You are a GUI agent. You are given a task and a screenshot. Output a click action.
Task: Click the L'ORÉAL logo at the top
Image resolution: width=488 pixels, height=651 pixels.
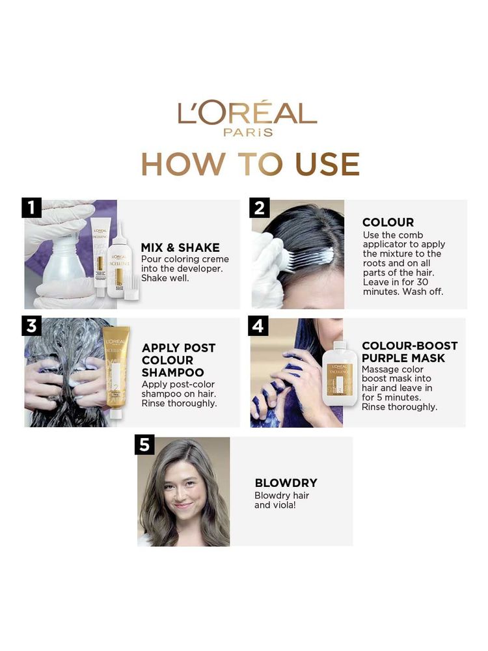[x=247, y=113]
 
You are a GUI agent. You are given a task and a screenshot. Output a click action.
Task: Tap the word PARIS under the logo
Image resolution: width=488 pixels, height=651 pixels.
[x=248, y=132]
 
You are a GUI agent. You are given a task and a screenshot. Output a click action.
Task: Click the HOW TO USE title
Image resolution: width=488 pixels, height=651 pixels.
[x=251, y=164]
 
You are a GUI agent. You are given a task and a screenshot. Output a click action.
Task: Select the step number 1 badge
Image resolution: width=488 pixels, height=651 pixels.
[x=31, y=208]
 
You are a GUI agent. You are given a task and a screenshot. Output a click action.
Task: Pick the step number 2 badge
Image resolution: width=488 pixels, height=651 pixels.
[x=260, y=208]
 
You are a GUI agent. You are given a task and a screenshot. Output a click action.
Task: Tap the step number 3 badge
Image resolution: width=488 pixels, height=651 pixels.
[x=31, y=326]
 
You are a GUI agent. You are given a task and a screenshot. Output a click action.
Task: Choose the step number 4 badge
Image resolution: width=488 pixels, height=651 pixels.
[x=258, y=326]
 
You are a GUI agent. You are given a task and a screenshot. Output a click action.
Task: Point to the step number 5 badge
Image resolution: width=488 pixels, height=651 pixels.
[x=144, y=445]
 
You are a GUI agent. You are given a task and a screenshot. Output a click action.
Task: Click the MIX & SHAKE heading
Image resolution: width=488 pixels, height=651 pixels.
[x=180, y=247]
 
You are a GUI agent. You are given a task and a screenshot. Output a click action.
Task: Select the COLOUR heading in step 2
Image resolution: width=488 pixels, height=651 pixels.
[x=388, y=222]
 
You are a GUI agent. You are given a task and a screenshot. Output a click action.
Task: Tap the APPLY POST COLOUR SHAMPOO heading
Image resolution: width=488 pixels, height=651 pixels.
[x=178, y=360]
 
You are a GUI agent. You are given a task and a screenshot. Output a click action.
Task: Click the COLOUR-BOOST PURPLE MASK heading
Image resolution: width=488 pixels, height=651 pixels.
[x=409, y=352]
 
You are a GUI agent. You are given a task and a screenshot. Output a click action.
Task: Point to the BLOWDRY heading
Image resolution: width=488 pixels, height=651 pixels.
[x=286, y=483]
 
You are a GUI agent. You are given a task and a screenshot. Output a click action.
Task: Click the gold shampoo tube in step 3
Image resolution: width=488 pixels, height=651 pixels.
[x=116, y=372]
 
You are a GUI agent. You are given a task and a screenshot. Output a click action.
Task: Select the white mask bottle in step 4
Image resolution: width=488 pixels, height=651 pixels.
[x=340, y=374]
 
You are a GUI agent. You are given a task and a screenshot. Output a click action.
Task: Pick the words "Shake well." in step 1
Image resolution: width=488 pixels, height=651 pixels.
[x=165, y=278]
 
